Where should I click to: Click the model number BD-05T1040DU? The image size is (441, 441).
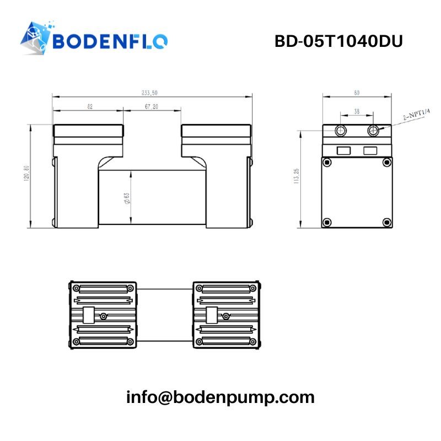[x=338, y=41]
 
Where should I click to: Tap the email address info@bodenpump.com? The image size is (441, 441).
[x=220, y=397]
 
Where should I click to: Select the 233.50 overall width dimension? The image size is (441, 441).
[x=149, y=93]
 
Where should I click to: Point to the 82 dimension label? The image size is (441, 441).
[x=90, y=106]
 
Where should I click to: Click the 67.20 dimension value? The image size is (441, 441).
[x=152, y=106]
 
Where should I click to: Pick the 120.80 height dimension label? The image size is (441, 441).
[x=26, y=173]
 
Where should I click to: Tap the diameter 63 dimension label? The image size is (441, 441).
[x=127, y=198]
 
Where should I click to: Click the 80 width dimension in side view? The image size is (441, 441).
[x=357, y=93]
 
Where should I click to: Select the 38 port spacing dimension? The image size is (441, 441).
[x=357, y=111]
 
